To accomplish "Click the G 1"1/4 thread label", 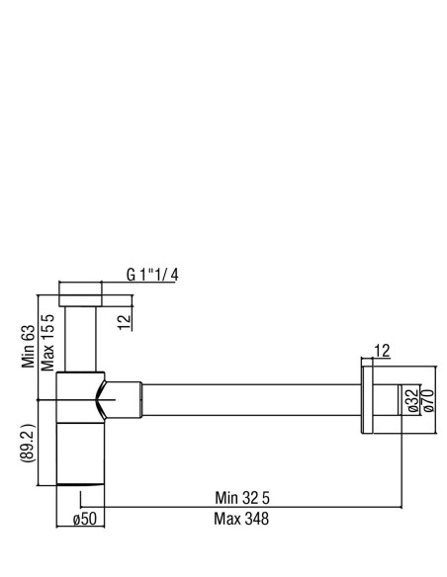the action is (x=152, y=275).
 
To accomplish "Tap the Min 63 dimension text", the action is (x=29, y=346).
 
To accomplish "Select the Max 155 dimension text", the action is (x=47, y=342).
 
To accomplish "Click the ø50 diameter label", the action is (x=85, y=519).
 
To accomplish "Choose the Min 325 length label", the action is (x=242, y=498).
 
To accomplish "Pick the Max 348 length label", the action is (x=241, y=519).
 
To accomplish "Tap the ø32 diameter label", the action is (x=413, y=400).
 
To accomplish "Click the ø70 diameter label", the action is (x=429, y=400).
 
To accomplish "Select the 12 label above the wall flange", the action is (x=382, y=351).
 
